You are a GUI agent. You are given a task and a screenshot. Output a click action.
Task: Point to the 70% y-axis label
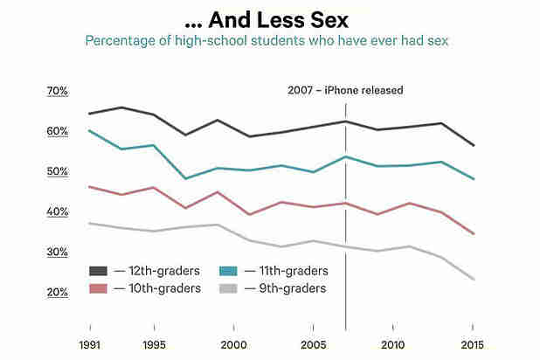pos(57,91)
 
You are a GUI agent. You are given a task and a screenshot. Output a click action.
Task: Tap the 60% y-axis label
pos(57,131)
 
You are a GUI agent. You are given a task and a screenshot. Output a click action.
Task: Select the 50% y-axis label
pos(57,171)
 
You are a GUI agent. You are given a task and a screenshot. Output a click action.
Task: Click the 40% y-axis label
pos(57,211)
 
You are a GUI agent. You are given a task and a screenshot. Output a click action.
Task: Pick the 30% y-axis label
pos(57,252)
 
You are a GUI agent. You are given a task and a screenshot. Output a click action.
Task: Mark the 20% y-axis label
pos(57,292)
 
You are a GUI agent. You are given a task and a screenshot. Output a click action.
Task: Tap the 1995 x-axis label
pos(154,343)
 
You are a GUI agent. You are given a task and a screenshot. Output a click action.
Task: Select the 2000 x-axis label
pos(233,343)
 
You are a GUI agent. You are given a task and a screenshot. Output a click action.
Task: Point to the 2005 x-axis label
pos(314,343)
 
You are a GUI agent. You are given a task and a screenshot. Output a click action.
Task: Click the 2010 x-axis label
pos(393,343)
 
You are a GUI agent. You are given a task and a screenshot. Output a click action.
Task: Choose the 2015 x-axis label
pos(473,343)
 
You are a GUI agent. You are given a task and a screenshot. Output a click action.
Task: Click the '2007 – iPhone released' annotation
pos(346,90)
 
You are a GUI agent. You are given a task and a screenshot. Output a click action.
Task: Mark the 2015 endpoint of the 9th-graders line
pos(473,280)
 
